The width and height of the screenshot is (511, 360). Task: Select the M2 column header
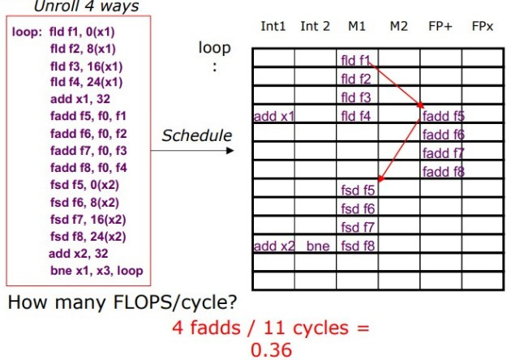tap(398, 27)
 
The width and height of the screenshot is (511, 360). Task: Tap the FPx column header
tap(483, 27)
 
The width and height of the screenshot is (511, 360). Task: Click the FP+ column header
tap(440, 27)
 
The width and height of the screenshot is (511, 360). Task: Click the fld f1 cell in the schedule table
tap(356, 60)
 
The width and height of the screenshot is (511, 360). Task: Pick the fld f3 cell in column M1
tap(356, 97)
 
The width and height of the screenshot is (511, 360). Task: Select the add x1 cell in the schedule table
tap(273, 116)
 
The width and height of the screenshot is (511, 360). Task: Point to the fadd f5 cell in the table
tap(443, 116)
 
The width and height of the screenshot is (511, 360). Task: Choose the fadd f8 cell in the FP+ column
tap(443, 171)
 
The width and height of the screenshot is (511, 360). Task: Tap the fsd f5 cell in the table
tap(357, 191)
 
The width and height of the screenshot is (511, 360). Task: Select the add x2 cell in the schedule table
tap(273, 246)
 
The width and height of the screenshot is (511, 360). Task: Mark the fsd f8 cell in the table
tap(357, 246)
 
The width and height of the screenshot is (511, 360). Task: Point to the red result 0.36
tap(271, 349)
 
